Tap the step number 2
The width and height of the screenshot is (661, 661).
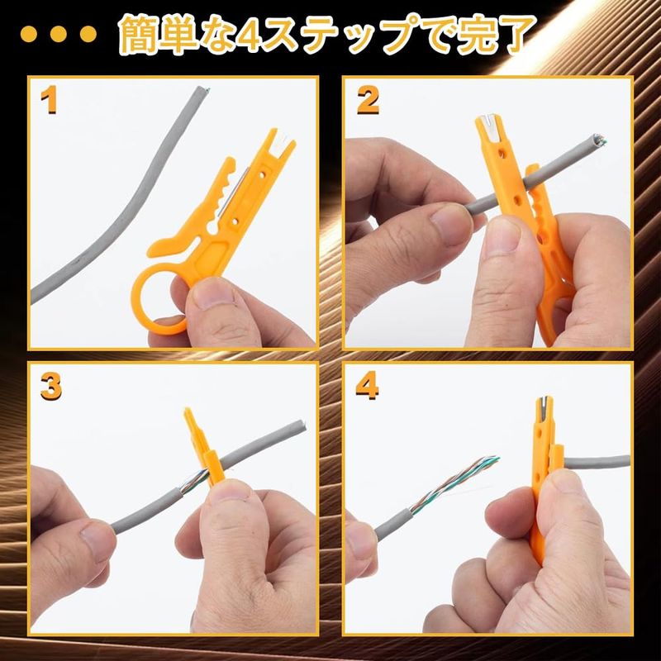coord(368,100)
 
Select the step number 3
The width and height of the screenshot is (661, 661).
coord(51,386)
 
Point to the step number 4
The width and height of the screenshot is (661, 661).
coord(367,386)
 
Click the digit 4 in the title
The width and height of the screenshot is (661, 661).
coord(249,36)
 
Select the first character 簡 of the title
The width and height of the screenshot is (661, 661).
coord(139,35)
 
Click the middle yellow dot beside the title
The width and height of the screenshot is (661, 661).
coord(58,34)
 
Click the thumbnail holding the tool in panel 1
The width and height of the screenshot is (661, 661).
coord(210,293)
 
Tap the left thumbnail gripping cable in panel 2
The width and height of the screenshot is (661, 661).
coord(449,224)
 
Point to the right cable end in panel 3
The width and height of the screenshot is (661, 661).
coord(301,426)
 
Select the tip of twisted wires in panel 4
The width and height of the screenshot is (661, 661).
coord(494,459)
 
